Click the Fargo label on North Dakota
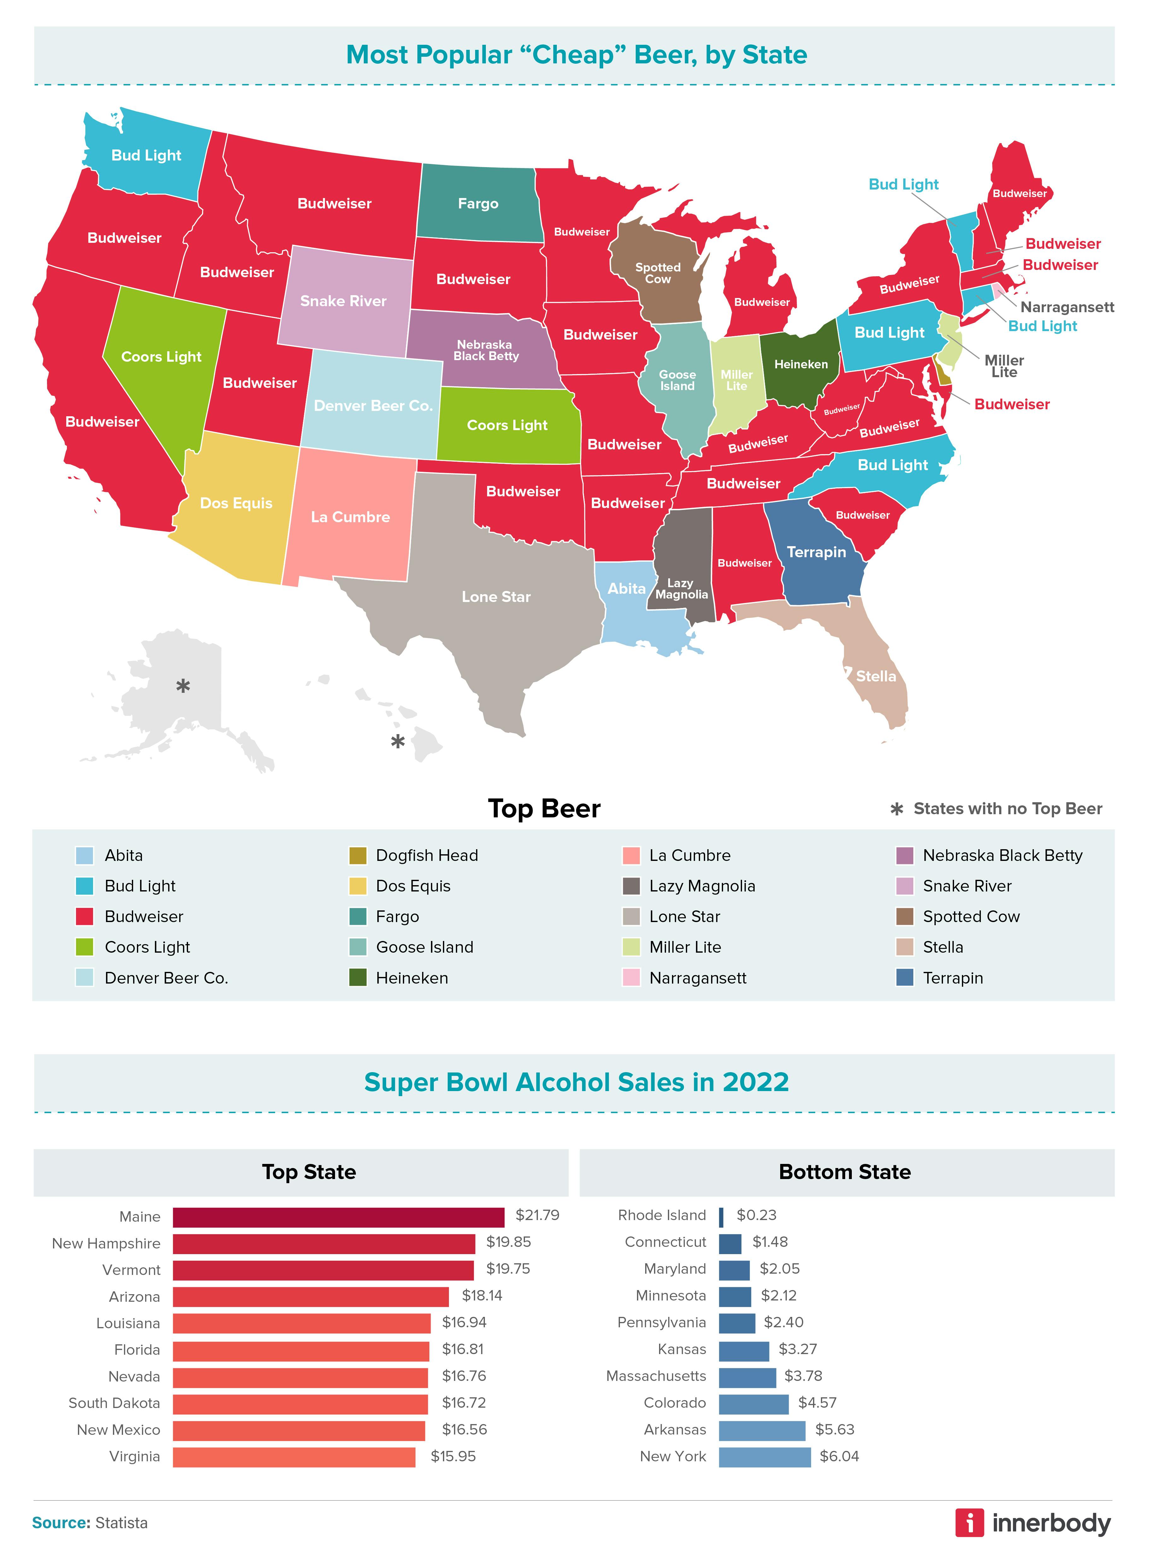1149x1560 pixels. pos(478,204)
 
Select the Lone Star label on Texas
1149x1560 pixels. pos(496,597)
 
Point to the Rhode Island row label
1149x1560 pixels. pos(662,1215)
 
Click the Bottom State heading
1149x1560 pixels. pos(844,1172)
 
